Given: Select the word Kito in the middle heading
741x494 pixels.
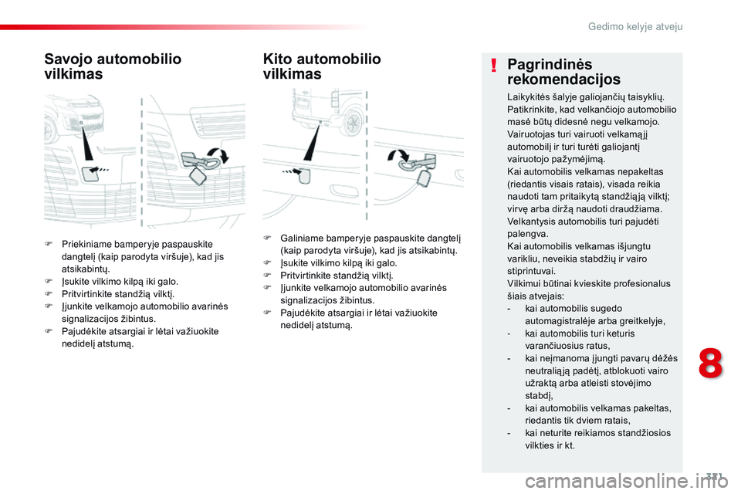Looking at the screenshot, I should [279, 59].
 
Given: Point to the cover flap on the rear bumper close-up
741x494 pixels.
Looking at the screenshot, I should [305, 175].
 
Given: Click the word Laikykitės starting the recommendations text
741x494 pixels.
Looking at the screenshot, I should [529, 97].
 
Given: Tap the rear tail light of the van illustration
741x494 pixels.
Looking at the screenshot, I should [333, 100].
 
